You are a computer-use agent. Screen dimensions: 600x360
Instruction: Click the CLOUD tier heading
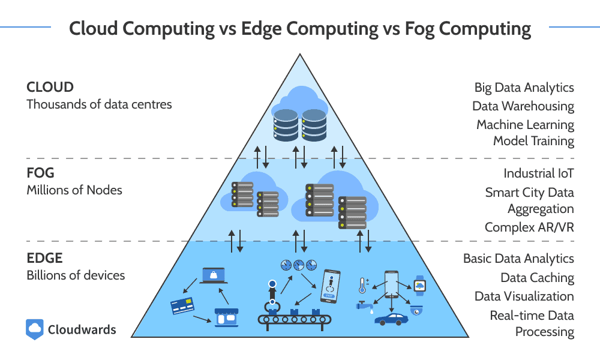50,87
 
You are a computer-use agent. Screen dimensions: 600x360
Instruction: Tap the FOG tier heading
40,173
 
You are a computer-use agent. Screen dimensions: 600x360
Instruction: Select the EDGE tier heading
44,258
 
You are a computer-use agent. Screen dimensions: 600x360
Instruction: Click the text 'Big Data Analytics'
524,88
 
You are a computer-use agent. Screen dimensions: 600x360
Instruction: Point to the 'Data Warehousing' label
523,106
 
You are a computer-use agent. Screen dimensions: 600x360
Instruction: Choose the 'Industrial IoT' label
538,173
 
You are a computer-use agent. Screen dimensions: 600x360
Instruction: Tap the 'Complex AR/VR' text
529,227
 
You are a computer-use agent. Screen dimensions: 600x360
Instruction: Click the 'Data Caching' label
537,278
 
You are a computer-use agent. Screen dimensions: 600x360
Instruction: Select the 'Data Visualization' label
524,296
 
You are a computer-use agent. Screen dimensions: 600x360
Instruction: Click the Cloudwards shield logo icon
34,329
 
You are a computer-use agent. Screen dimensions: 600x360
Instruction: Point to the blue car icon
391,319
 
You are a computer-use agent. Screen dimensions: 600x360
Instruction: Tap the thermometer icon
363,286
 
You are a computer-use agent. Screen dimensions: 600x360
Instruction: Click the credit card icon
182,305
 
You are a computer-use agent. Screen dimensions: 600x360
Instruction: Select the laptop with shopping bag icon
214,276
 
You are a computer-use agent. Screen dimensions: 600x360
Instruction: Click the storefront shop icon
227,317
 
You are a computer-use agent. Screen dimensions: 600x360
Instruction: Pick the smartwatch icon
420,286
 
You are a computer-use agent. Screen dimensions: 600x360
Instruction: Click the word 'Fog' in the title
419,29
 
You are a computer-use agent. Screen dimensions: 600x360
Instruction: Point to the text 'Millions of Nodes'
74,190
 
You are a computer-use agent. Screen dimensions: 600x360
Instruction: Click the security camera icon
416,310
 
